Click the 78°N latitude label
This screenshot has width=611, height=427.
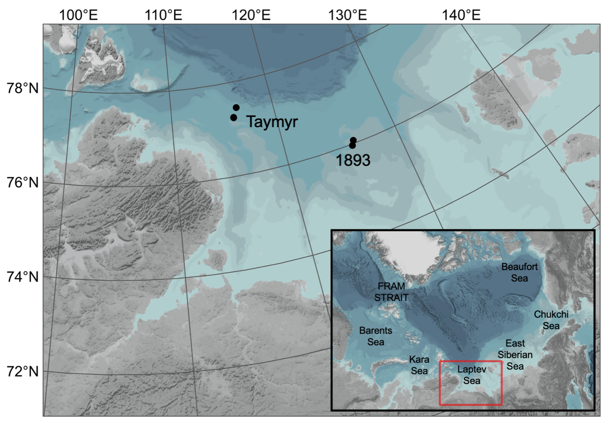[x=23, y=88]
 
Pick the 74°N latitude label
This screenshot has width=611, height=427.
[x=23, y=277]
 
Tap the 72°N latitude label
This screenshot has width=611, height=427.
[x=23, y=371]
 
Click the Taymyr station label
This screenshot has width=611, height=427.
[x=272, y=122]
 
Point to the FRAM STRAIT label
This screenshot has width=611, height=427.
[x=391, y=292]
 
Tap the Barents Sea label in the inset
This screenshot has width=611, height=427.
[x=376, y=336]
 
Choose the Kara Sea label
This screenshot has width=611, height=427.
[x=419, y=365]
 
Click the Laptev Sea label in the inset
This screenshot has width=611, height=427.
[x=472, y=375]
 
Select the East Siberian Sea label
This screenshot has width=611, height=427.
[x=515, y=355]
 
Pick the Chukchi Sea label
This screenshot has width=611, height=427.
[x=551, y=320]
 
